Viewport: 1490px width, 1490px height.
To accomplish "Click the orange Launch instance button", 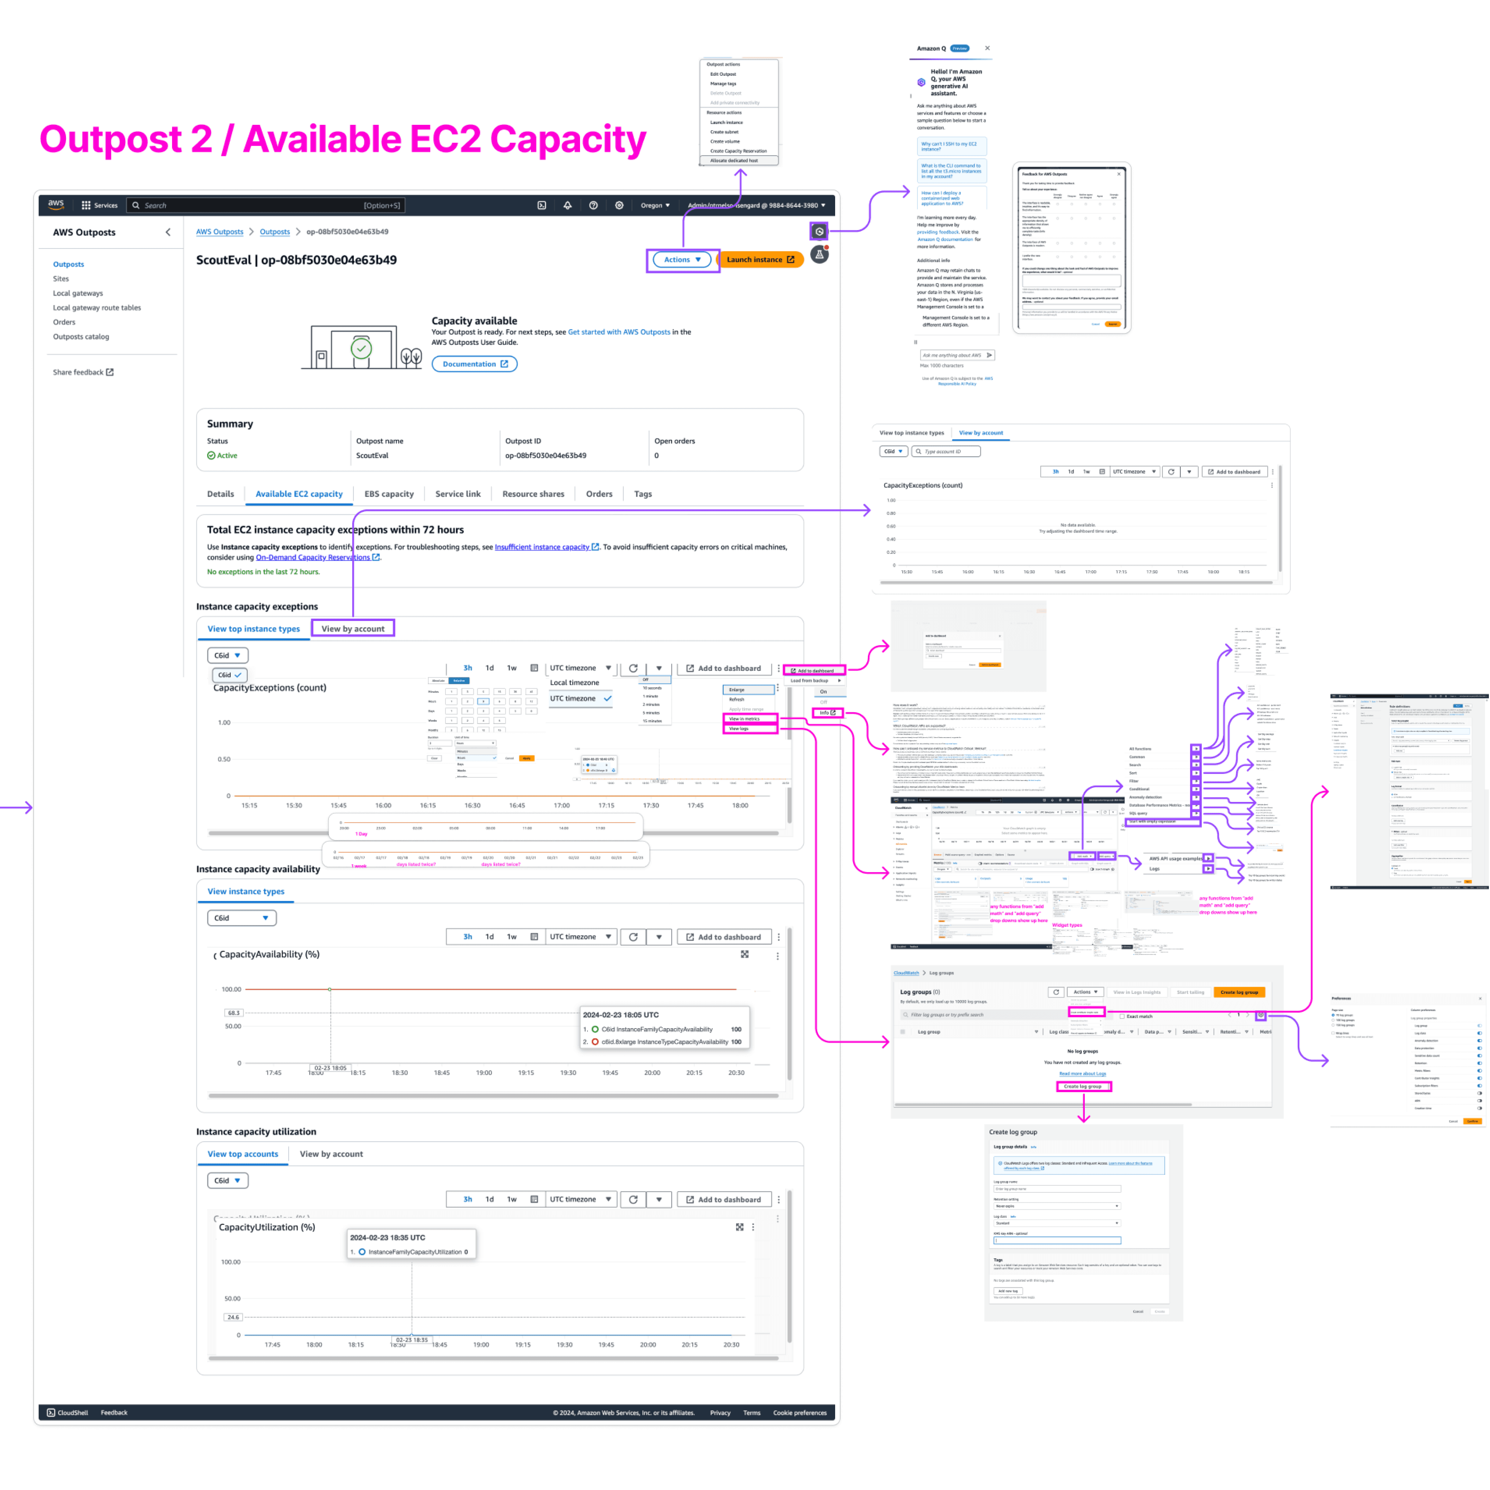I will tap(760, 260).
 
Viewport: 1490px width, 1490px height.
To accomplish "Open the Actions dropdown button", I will tap(682, 260).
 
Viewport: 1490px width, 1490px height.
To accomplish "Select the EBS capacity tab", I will tap(389, 494).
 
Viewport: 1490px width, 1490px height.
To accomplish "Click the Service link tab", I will tap(457, 494).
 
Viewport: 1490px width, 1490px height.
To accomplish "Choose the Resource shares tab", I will tap(533, 494).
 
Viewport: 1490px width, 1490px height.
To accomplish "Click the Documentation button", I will tap(474, 364).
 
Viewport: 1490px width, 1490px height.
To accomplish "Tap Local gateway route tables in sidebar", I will tap(97, 308).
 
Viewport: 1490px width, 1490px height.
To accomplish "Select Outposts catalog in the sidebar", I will tap(81, 337).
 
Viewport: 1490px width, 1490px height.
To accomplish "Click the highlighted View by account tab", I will tap(352, 628).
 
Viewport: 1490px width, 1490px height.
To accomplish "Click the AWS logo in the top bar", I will tap(56, 205).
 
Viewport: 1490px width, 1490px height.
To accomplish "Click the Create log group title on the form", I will tap(1012, 1132).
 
